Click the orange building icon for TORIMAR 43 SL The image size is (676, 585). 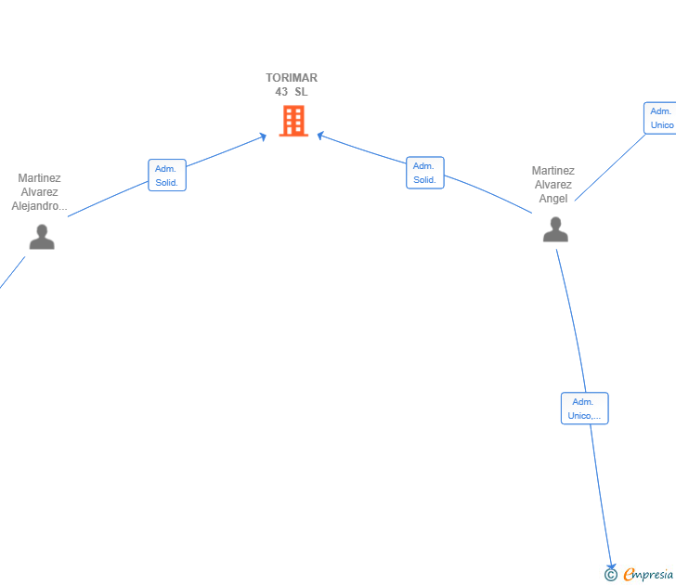pos(293,121)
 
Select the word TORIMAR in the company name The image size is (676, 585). pos(292,78)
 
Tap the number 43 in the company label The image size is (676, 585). pos(281,92)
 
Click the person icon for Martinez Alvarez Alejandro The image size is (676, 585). pos(42,237)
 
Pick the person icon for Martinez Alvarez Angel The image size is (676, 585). pos(555,229)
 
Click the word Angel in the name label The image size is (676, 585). pos(553,199)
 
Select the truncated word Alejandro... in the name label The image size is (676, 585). pos(39,206)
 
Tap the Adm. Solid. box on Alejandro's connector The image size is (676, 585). pos(167,175)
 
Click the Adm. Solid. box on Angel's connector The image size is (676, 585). pos(425,173)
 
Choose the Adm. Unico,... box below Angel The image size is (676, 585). pos(585,409)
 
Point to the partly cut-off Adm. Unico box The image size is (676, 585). pos(660,118)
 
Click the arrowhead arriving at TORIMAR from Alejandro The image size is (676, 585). pos(263,137)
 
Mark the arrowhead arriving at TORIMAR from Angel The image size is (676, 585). pos(320,136)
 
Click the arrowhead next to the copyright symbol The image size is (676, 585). pos(611,566)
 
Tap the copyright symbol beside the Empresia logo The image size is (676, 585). pos(610,575)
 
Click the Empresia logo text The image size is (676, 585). pos(648,574)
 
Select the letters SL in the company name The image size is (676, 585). pos(301,92)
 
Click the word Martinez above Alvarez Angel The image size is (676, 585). pos(553,171)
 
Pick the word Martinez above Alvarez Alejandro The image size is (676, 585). pos(39,178)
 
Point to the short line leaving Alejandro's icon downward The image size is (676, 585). pos(12,272)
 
